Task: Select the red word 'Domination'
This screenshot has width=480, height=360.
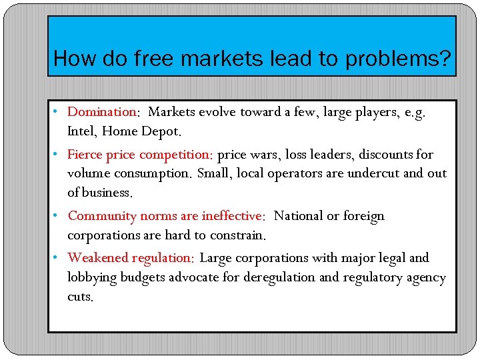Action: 102,112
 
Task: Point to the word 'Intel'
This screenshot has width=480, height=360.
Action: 81,131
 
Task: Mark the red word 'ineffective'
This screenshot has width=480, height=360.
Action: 229,216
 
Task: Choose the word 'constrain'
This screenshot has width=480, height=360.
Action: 235,235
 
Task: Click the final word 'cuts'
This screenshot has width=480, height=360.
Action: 79,297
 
